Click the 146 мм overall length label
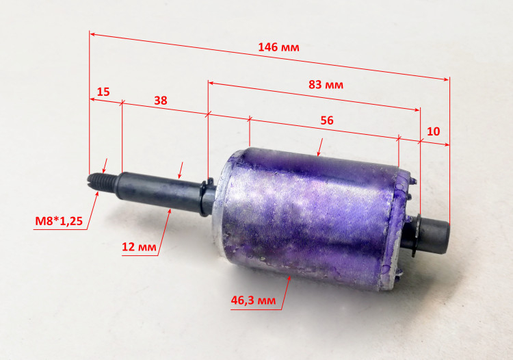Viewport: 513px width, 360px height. (278, 47)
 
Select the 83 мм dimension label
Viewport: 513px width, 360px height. (326, 85)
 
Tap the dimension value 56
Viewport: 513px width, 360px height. (327, 120)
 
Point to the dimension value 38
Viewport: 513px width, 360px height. (161, 101)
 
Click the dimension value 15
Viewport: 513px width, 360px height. (103, 92)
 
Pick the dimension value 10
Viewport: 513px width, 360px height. (434, 131)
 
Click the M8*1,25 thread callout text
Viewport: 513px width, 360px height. (59, 221)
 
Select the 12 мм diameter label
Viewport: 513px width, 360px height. (139, 246)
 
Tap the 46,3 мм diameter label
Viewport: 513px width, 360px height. (253, 300)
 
